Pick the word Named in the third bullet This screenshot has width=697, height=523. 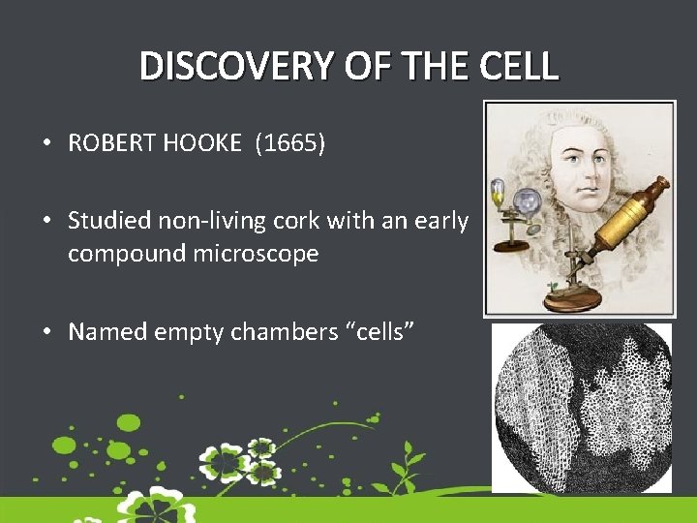(x=103, y=332)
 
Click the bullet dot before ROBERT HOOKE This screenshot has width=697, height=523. (x=46, y=145)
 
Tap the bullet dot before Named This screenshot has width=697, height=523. (x=46, y=333)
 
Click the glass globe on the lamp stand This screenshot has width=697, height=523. (x=527, y=201)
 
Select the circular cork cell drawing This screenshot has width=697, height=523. (x=582, y=407)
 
